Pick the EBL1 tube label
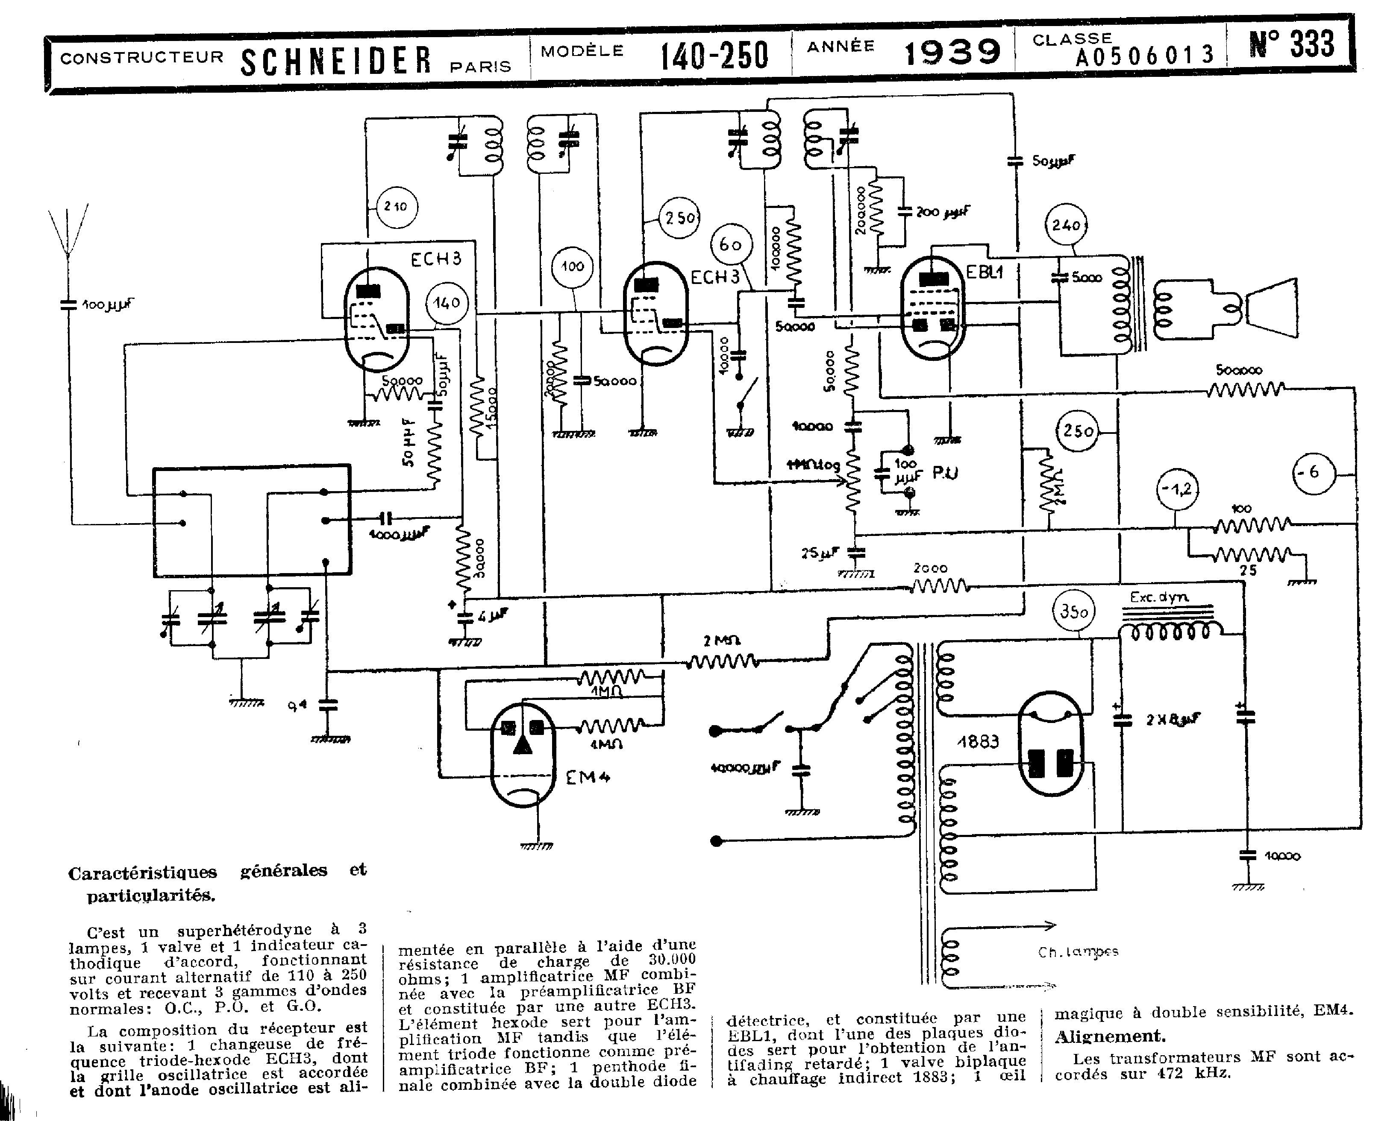click(984, 272)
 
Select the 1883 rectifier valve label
click(978, 742)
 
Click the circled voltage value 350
click(1074, 611)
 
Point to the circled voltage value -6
click(1314, 472)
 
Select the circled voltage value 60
click(730, 245)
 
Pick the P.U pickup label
click(945, 473)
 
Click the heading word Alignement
click(1110, 1036)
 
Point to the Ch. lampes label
click(1077, 952)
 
